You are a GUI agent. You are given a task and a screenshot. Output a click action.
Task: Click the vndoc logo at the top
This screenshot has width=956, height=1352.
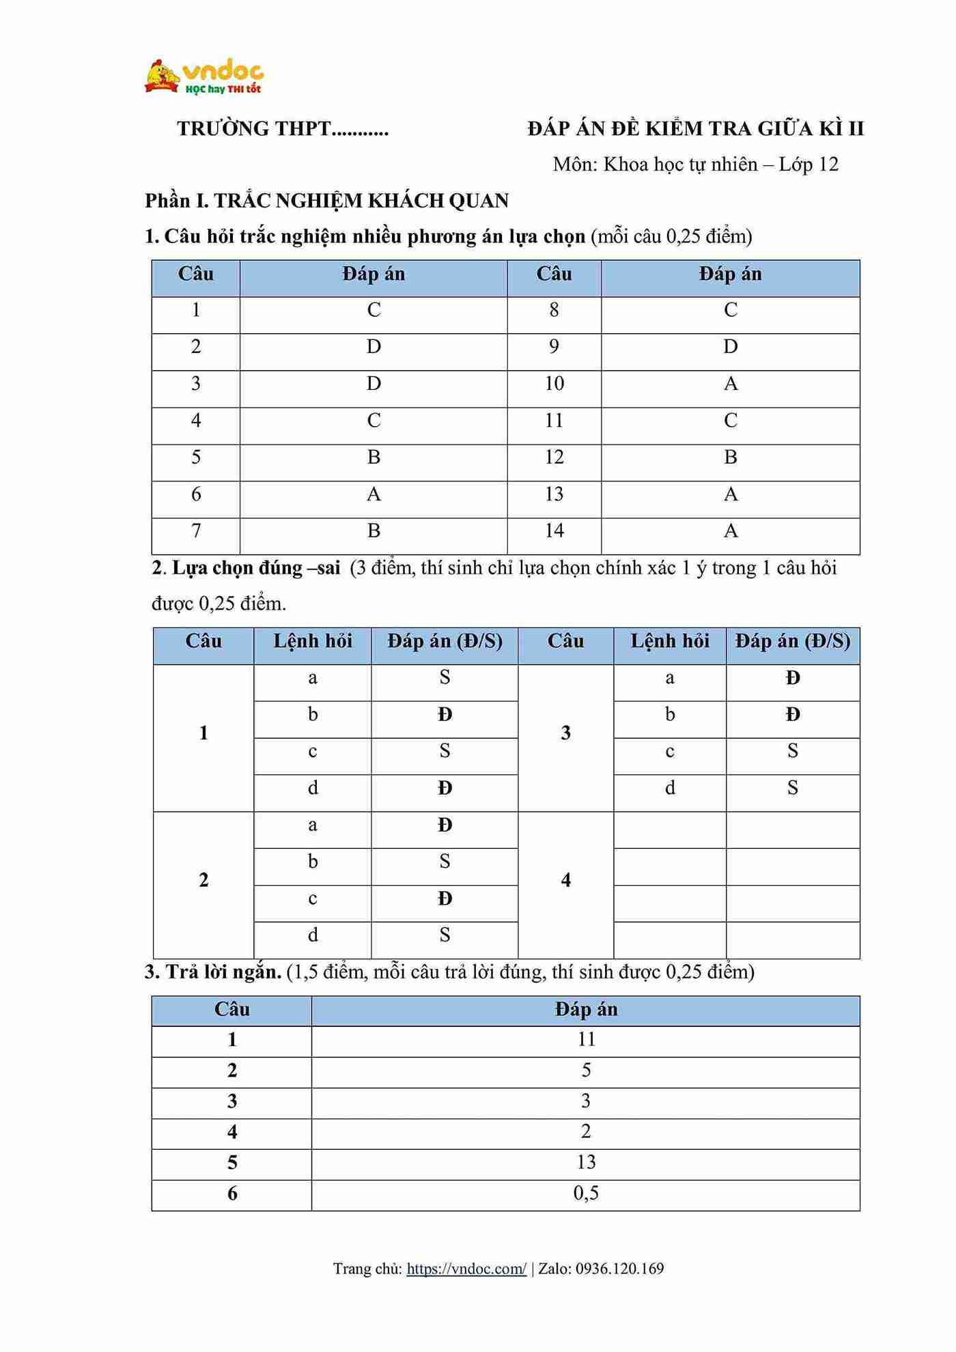coord(204,76)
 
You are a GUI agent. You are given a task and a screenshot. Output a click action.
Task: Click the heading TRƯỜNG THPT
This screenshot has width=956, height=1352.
coord(283,129)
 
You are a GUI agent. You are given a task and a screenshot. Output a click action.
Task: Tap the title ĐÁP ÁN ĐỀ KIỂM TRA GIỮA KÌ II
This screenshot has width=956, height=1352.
coord(695,129)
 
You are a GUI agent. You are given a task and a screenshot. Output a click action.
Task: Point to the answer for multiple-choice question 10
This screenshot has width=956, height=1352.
coord(730,384)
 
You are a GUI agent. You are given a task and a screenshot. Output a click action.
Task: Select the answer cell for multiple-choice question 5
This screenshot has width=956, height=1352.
coord(374,457)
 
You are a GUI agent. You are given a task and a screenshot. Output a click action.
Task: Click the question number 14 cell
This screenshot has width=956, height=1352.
coord(554,531)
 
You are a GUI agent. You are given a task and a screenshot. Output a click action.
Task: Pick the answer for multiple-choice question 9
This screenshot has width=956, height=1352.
coord(730,347)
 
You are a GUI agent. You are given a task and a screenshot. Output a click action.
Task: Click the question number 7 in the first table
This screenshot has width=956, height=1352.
coord(196,531)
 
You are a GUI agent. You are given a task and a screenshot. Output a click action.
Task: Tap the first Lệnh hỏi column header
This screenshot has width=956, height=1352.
coord(313,642)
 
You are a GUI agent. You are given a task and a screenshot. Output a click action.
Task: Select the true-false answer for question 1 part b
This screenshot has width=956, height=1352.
coord(445,715)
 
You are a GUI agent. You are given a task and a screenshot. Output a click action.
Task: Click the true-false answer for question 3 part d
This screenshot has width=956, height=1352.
coord(792,789)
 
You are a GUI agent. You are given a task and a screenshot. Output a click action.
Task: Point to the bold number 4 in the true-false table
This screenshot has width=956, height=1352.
coord(565,881)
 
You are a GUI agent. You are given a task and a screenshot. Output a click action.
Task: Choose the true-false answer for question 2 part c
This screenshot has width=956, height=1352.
coord(445,899)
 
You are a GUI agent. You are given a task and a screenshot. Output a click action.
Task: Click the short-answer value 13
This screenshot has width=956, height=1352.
coord(586,1162)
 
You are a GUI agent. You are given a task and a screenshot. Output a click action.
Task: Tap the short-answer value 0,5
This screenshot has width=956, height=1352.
coord(586,1193)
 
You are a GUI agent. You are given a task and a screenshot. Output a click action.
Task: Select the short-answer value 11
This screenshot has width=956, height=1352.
coord(586,1039)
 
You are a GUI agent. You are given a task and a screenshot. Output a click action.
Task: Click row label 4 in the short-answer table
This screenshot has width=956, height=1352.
coord(232,1132)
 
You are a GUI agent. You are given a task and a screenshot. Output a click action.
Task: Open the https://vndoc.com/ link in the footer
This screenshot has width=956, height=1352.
coord(466,1269)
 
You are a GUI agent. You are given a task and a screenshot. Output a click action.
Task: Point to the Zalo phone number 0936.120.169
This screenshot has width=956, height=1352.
coord(619,1269)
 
